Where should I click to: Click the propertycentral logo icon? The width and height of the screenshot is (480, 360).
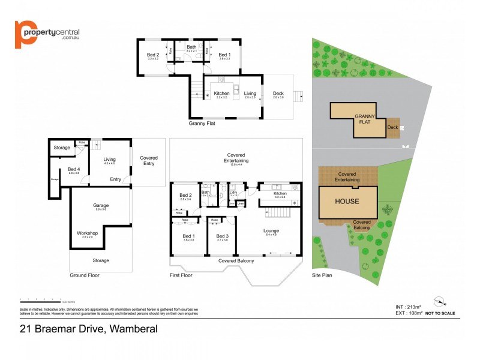tap(23, 34)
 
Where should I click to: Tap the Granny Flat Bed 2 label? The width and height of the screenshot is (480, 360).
tap(153, 55)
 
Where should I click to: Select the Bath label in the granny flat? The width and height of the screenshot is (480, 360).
tap(191, 47)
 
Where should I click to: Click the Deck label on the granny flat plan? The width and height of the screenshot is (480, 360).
tap(278, 94)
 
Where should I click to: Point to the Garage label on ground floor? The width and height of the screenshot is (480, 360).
tap(100, 205)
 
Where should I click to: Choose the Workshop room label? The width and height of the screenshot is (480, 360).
tap(88, 233)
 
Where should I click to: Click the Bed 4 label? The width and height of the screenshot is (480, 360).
tap(73, 169)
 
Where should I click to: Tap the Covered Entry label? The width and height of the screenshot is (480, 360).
tap(149, 160)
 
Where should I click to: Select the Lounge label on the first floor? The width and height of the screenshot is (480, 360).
tap(271, 230)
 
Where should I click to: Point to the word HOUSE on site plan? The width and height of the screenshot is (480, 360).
tap(346, 201)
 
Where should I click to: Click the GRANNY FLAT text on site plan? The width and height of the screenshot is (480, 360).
tap(365, 119)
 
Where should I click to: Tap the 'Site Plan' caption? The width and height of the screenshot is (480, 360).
tap(322, 275)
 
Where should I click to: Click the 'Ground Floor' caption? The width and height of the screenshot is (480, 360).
tap(85, 275)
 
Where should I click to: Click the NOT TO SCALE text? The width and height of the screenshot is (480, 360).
tap(440, 313)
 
